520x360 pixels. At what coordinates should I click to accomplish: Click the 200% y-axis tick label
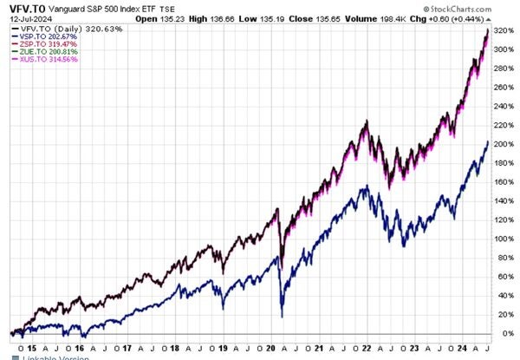click(505, 146)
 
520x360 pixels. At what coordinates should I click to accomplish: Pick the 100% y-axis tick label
click(505, 239)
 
